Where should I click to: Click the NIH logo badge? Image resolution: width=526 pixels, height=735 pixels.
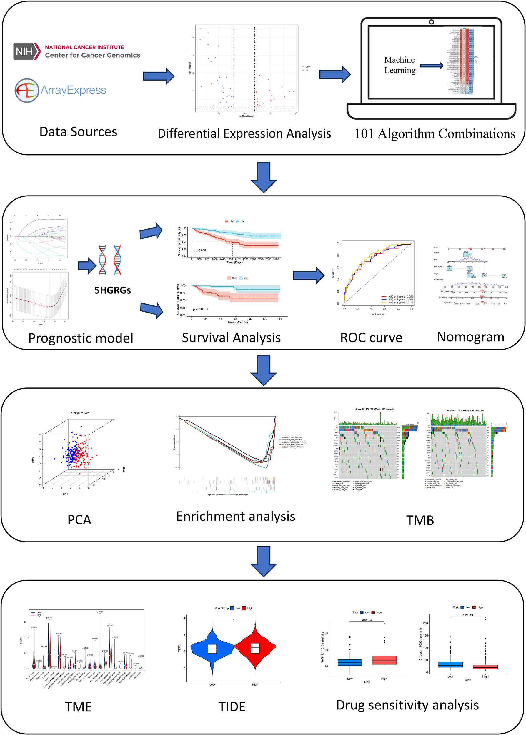coord(26,51)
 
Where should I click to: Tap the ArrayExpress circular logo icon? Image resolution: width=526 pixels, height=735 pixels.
coord(26,90)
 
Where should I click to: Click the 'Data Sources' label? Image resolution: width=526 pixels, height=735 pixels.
coord(78,132)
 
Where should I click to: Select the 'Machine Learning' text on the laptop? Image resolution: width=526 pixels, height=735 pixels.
coord(400,65)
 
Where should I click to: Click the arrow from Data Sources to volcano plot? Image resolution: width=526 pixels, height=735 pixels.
coord(159,76)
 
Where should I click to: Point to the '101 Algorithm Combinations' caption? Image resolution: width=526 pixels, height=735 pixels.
coord(435,134)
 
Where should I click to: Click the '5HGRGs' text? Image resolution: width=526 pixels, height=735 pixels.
coord(112,290)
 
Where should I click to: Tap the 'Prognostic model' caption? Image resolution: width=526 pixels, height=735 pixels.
coord(81,338)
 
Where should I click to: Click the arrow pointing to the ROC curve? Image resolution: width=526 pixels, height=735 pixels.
coord(308,275)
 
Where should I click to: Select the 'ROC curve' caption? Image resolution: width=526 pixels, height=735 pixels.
coord(371,338)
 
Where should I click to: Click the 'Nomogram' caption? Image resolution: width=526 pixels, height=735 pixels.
coord(470,337)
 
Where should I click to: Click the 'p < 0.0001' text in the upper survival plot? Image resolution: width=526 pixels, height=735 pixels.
coord(201,250)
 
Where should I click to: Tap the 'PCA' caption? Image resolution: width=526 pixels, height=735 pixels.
coord(79,520)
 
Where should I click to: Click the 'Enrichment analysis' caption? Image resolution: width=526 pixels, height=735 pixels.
coord(235,516)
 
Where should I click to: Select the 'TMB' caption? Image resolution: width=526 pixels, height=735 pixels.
coord(420,520)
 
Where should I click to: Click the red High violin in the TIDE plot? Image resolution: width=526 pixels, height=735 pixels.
coord(255,648)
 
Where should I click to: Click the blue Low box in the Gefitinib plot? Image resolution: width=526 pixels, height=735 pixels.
coord(350,662)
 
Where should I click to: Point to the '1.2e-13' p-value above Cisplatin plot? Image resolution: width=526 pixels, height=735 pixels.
coord(467,615)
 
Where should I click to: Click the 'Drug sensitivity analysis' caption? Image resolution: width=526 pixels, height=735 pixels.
coord(407,705)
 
